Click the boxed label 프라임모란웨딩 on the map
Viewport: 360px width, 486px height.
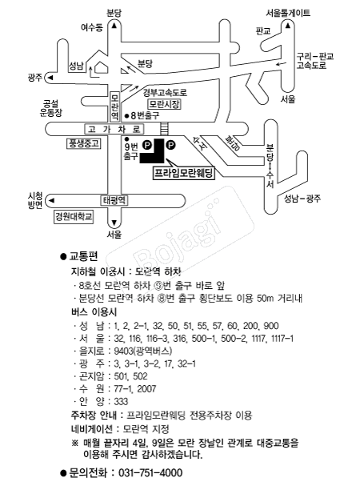184,173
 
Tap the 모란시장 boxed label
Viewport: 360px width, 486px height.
164,104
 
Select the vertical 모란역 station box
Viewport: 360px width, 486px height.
114,107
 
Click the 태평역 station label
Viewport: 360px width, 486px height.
114,200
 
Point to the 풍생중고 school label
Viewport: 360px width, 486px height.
84,143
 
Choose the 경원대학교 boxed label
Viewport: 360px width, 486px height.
74,216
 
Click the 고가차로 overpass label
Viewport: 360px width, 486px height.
114,129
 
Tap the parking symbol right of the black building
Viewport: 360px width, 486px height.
170,144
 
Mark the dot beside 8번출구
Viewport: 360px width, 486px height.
126,116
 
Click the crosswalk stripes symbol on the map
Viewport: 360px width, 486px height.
164,129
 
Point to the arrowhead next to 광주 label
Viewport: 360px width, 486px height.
50,78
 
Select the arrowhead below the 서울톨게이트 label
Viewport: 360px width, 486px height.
288,26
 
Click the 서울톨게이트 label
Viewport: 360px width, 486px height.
288,13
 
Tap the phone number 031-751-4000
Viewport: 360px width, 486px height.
150,472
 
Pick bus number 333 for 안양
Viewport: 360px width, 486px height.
121,401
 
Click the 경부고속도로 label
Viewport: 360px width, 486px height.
165,92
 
